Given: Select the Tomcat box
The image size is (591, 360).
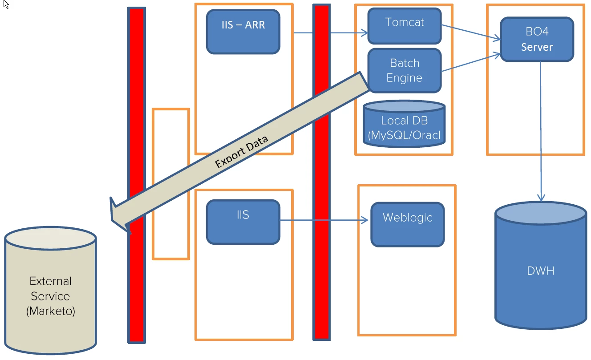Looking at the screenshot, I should (404, 25).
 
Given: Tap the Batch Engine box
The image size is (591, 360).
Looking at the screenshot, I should (404, 70).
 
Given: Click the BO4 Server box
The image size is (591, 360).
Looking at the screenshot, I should (537, 39).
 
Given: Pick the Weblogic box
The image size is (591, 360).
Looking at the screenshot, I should (407, 224).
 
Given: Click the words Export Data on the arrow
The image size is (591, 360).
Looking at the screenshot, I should (242, 152).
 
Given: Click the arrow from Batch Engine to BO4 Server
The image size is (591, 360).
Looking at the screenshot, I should (471, 62).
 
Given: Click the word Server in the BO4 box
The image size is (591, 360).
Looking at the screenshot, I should (537, 47).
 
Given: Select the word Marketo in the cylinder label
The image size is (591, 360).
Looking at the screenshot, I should (50, 311).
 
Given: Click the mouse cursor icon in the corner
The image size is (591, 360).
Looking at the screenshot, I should (6, 5).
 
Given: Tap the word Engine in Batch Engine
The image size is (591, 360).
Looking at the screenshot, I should (404, 78).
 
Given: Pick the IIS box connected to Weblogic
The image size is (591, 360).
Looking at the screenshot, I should (243, 222).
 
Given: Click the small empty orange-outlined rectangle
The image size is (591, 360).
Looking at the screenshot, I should (170, 183).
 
